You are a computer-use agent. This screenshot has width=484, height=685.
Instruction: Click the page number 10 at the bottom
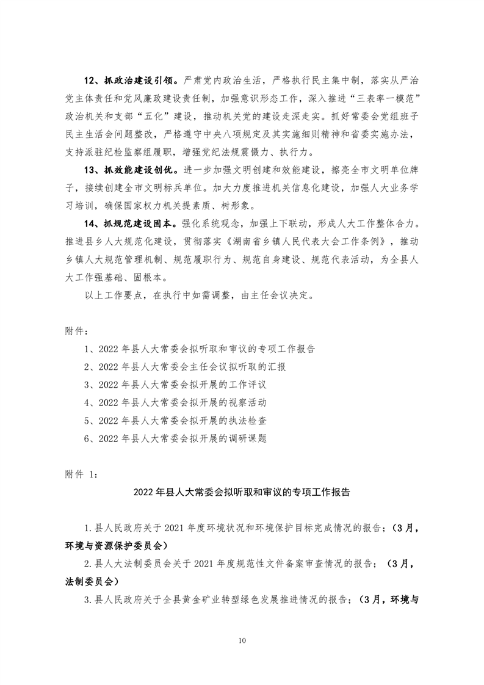242,640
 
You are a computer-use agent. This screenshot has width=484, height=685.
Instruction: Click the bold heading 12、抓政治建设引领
130,79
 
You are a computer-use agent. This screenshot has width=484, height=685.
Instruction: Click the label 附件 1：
79,474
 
